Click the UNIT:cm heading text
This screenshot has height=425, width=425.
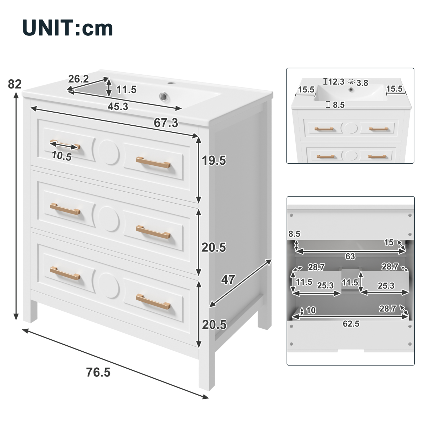click(68, 28)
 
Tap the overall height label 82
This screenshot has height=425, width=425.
click(15, 84)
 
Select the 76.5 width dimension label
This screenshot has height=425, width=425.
click(98, 372)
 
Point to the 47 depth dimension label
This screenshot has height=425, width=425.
click(228, 279)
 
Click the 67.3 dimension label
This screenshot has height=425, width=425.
click(166, 123)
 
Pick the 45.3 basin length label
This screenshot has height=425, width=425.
click(118, 107)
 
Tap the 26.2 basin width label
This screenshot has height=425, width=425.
click(78, 79)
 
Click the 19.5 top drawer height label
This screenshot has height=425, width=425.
click(214, 160)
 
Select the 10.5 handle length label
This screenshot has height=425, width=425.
click(62, 156)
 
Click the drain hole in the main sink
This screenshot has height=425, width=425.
click(163, 96)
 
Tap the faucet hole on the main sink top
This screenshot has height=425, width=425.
click(170, 83)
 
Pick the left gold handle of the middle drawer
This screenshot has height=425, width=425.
click(65, 209)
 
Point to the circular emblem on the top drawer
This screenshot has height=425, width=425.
click(109, 152)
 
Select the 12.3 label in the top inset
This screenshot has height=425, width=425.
click(336, 82)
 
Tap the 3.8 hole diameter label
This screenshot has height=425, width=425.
click(362, 83)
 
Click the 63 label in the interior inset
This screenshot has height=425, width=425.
click(350, 256)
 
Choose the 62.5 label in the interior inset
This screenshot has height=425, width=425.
click(351, 324)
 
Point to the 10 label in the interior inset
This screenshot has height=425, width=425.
click(311, 311)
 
